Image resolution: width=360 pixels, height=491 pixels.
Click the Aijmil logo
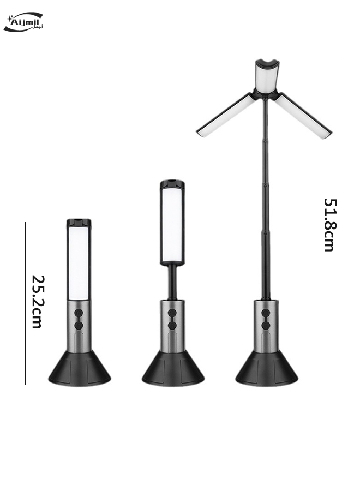point(23,22)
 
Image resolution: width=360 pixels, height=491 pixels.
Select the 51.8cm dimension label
point(329,225)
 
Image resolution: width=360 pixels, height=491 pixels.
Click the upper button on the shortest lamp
point(79,313)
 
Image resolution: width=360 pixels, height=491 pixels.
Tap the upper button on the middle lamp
point(172,313)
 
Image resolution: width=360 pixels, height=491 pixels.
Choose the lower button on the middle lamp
point(172,326)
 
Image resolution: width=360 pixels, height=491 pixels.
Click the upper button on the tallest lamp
point(266,313)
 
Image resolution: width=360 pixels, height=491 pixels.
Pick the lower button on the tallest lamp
point(266,326)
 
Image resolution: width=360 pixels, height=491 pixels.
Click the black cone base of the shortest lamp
point(80,369)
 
